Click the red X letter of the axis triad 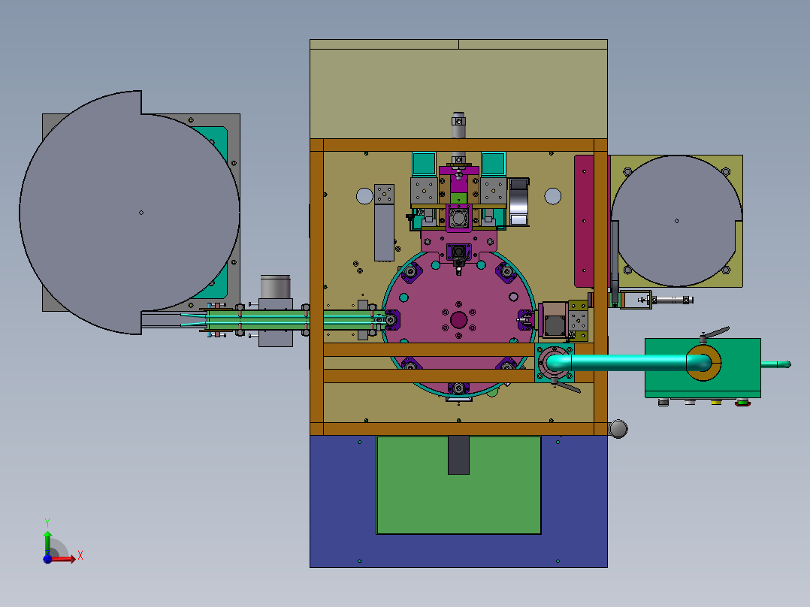80,556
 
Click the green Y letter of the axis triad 47,522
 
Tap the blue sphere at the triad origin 47,559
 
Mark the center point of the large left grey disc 141,213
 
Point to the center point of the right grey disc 677,221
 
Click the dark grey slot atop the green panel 458,455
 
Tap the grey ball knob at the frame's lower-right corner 618,429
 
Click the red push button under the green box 742,403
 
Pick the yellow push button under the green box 716,402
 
